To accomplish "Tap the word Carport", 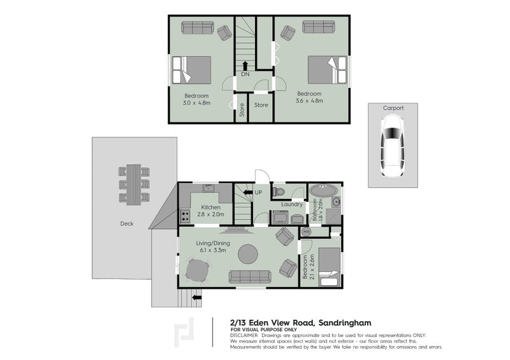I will click(x=393, y=108).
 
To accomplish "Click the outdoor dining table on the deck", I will click(x=134, y=185).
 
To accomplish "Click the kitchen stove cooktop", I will click(x=186, y=216).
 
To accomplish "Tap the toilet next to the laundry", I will click(x=279, y=191).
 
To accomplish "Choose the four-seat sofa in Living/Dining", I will click(x=249, y=277).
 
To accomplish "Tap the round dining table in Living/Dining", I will click(x=197, y=273).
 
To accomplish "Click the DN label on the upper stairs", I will click(x=245, y=75).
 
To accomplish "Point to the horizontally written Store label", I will click(x=261, y=105).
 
